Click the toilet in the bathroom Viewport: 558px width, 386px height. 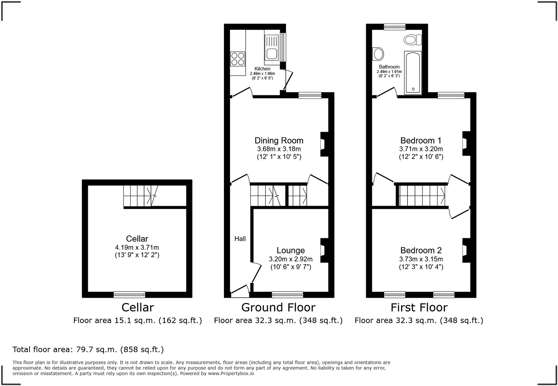point(412,39)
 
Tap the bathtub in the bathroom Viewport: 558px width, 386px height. point(413,73)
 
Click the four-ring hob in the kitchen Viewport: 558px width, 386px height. point(238,59)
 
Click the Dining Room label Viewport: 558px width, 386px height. point(279,141)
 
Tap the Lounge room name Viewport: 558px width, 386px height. point(290,250)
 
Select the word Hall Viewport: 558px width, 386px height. point(240,239)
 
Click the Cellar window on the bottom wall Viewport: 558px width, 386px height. point(129,294)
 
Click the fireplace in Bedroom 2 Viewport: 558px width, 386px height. point(466,250)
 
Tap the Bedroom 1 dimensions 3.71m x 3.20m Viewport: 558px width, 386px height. point(421,149)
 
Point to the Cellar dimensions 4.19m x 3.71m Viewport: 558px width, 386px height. point(137,247)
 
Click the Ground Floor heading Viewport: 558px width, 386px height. point(278,307)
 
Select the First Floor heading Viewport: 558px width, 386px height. point(419,307)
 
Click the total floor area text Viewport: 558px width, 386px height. point(88,349)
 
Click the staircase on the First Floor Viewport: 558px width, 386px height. point(422,196)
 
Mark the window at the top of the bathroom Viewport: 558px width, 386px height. point(395,26)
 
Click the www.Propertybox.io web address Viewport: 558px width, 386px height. point(231,373)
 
